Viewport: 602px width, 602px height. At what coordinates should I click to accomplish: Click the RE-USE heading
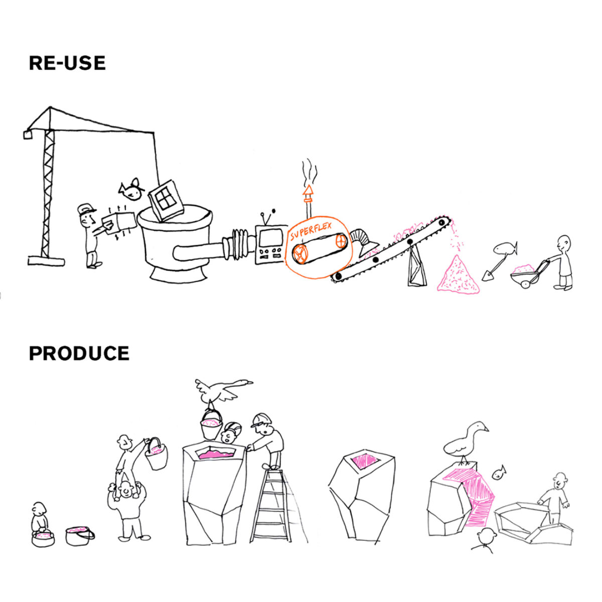[67, 63]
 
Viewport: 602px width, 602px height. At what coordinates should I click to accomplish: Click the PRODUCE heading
[79, 353]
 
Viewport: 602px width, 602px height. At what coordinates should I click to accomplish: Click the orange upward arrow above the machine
[308, 191]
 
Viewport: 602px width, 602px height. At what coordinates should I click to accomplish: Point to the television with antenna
[270, 243]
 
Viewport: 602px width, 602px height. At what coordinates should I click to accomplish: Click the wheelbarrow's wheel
[525, 284]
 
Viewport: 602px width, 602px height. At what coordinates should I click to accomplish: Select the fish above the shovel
[504, 248]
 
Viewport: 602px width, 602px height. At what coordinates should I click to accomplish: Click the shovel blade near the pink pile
[487, 275]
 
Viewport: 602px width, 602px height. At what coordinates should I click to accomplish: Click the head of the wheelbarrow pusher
[564, 242]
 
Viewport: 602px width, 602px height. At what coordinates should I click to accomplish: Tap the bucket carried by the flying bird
[212, 424]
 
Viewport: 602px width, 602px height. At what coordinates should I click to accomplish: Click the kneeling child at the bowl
[39, 519]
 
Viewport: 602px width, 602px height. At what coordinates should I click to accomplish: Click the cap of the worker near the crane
[86, 209]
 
